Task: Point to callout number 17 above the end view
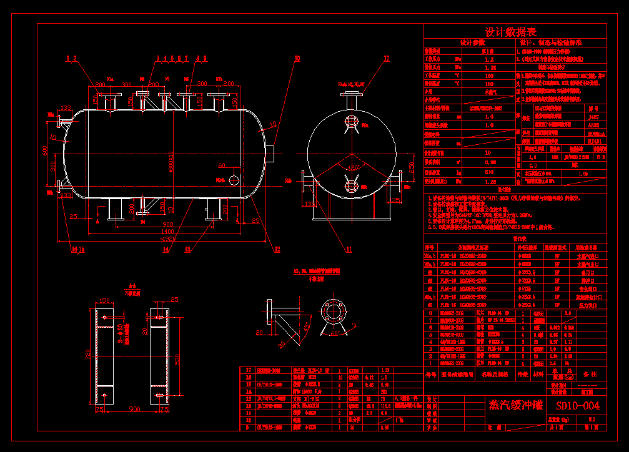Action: click(386, 59)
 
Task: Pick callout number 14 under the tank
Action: click(166, 250)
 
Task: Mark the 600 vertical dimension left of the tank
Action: click(45, 150)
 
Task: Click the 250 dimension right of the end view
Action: click(412, 167)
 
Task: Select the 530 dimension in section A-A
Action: click(179, 358)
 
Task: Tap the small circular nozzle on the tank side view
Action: click(234, 180)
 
